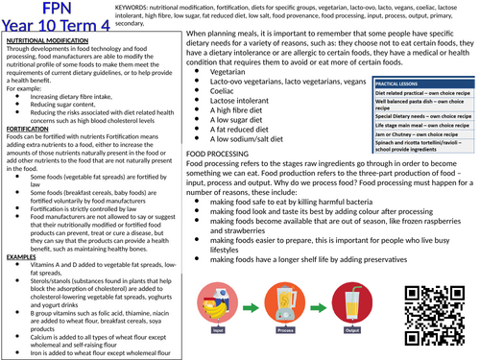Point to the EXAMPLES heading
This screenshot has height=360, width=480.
coord(24,256)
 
